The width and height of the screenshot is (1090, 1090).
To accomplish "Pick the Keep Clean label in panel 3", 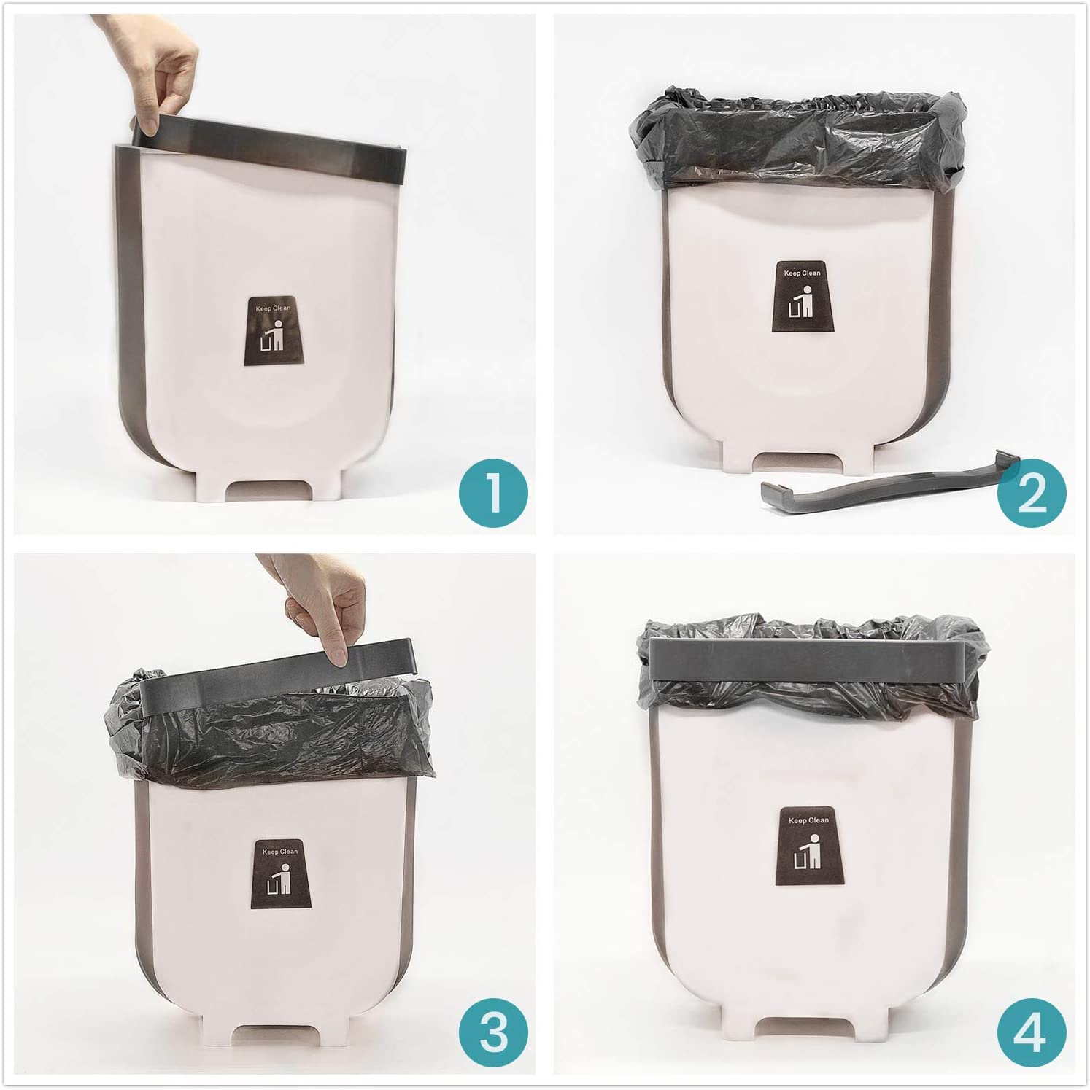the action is [x=281, y=873].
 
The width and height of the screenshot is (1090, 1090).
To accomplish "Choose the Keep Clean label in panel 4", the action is [x=808, y=843].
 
